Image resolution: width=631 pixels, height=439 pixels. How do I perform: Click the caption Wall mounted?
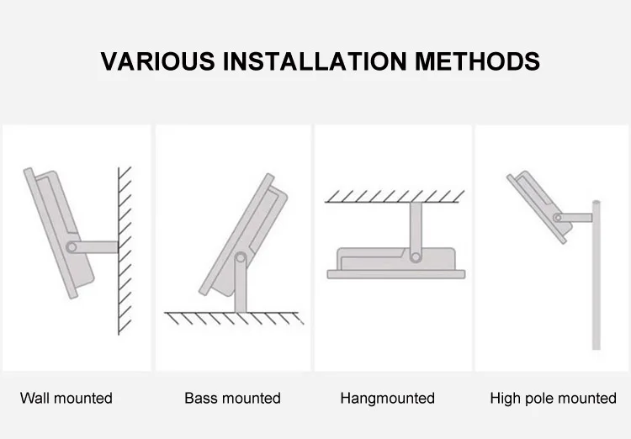(x=66, y=398)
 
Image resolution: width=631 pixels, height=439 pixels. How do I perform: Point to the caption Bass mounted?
(x=232, y=398)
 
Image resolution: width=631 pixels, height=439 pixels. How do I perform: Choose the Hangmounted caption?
(x=387, y=398)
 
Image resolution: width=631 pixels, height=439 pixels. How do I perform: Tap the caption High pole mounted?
(x=553, y=398)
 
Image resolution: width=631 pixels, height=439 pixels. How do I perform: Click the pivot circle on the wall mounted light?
(x=74, y=247)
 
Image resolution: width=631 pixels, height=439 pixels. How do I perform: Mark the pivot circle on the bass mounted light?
(x=241, y=257)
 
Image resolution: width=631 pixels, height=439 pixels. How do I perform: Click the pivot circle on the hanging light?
(x=415, y=254)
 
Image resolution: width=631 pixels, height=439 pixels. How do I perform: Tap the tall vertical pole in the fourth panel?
(x=596, y=278)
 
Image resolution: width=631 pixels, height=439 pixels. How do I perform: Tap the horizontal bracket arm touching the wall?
(x=98, y=247)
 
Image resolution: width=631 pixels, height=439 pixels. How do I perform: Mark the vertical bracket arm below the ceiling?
(x=415, y=225)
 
